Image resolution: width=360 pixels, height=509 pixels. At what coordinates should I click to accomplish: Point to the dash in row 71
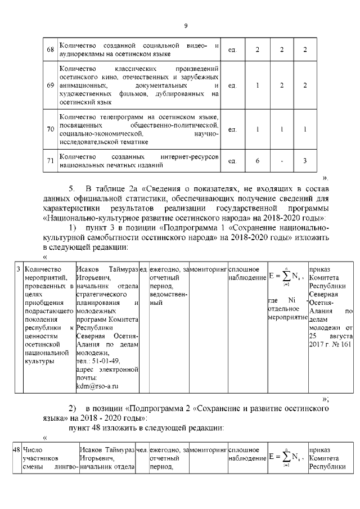click(x=281, y=161)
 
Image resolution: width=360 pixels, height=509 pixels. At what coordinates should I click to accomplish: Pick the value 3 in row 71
click(x=304, y=161)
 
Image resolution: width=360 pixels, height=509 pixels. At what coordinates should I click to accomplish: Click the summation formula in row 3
click(x=286, y=276)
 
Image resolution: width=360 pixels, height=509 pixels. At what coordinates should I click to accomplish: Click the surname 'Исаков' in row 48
click(x=91, y=451)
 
